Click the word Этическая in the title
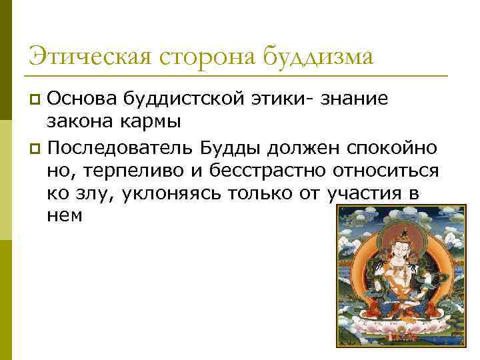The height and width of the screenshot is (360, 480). pos(87,55)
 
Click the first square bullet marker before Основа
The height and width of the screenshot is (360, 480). pos(36,101)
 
